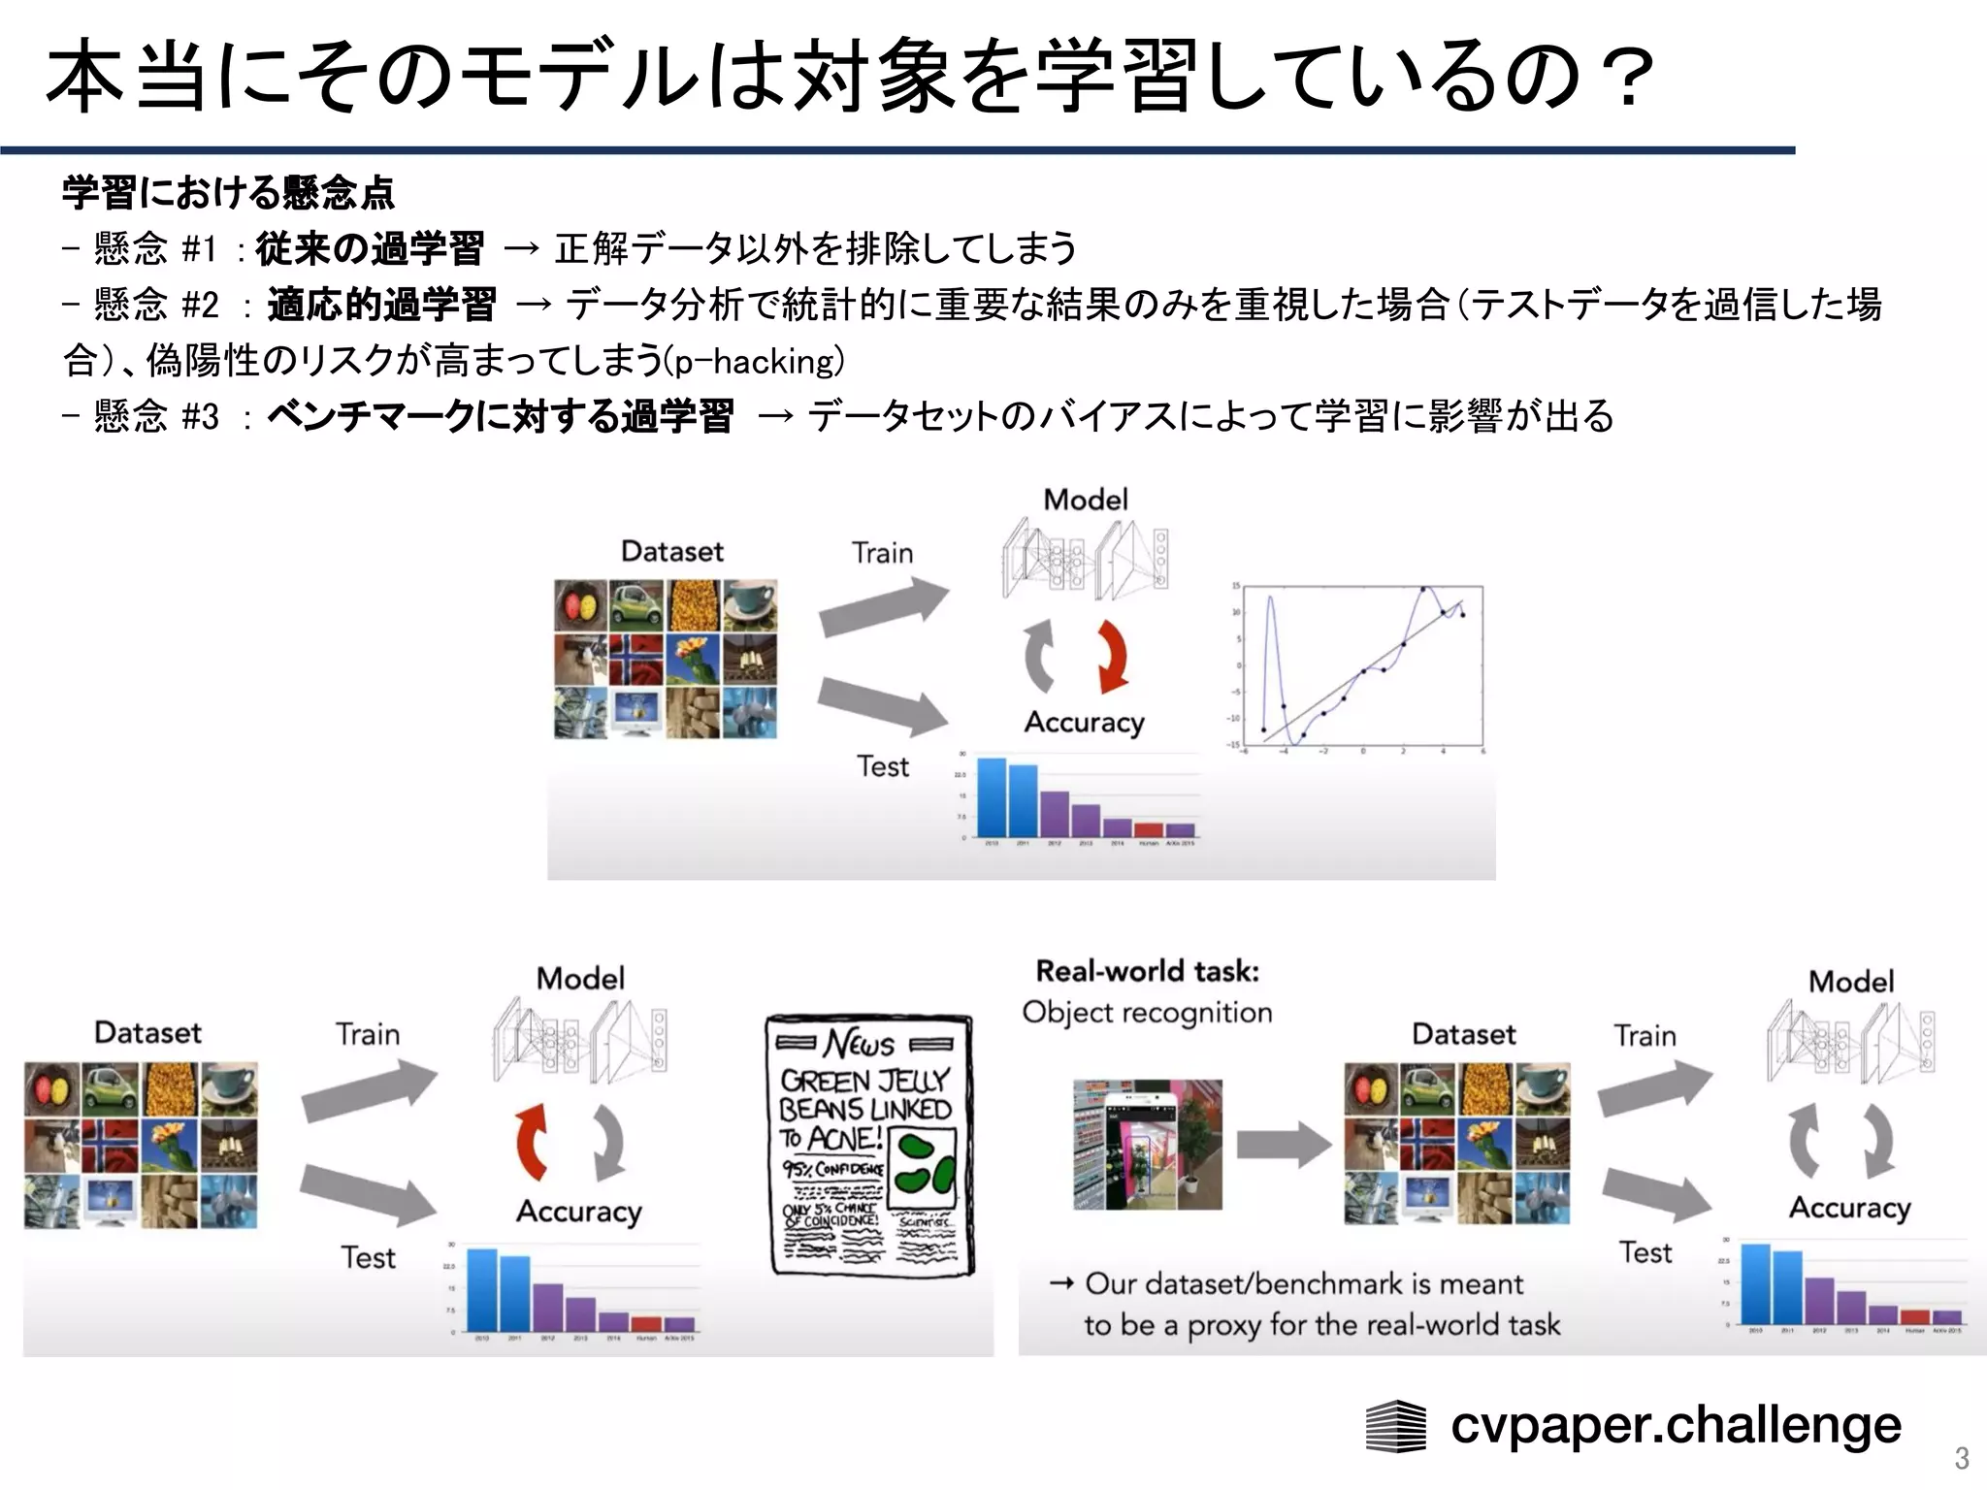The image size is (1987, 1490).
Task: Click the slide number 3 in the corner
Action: click(x=1961, y=1458)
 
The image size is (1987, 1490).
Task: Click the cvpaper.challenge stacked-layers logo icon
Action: click(x=1395, y=1427)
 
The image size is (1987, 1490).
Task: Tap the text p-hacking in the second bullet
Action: click(x=758, y=362)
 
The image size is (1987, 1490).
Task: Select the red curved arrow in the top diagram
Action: click(x=1112, y=657)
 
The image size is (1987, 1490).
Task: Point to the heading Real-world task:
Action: click(x=1147, y=971)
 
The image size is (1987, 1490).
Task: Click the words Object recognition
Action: click(x=1147, y=1013)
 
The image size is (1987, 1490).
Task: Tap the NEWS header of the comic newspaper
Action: click(x=861, y=1044)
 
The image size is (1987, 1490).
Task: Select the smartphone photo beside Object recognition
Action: click(x=1148, y=1146)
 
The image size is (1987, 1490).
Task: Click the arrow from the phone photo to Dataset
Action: click(x=1284, y=1146)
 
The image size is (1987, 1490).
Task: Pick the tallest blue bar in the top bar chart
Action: click(x=991, y=797)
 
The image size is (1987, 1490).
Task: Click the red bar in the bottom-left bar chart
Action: click(x=646, y=1324)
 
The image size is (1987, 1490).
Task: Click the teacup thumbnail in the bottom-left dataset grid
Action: click(x=229, y=1087)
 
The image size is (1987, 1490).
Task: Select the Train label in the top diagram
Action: click(x=882, y=553)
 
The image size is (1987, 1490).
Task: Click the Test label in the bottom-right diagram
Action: click(x=1645, y=1252)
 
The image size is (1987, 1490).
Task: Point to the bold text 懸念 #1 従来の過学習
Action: click(x=369, y=249)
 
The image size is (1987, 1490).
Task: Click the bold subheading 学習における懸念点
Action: click(x=228, y=193)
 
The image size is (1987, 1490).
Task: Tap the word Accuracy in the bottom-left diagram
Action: click(x=579, y=1212)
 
